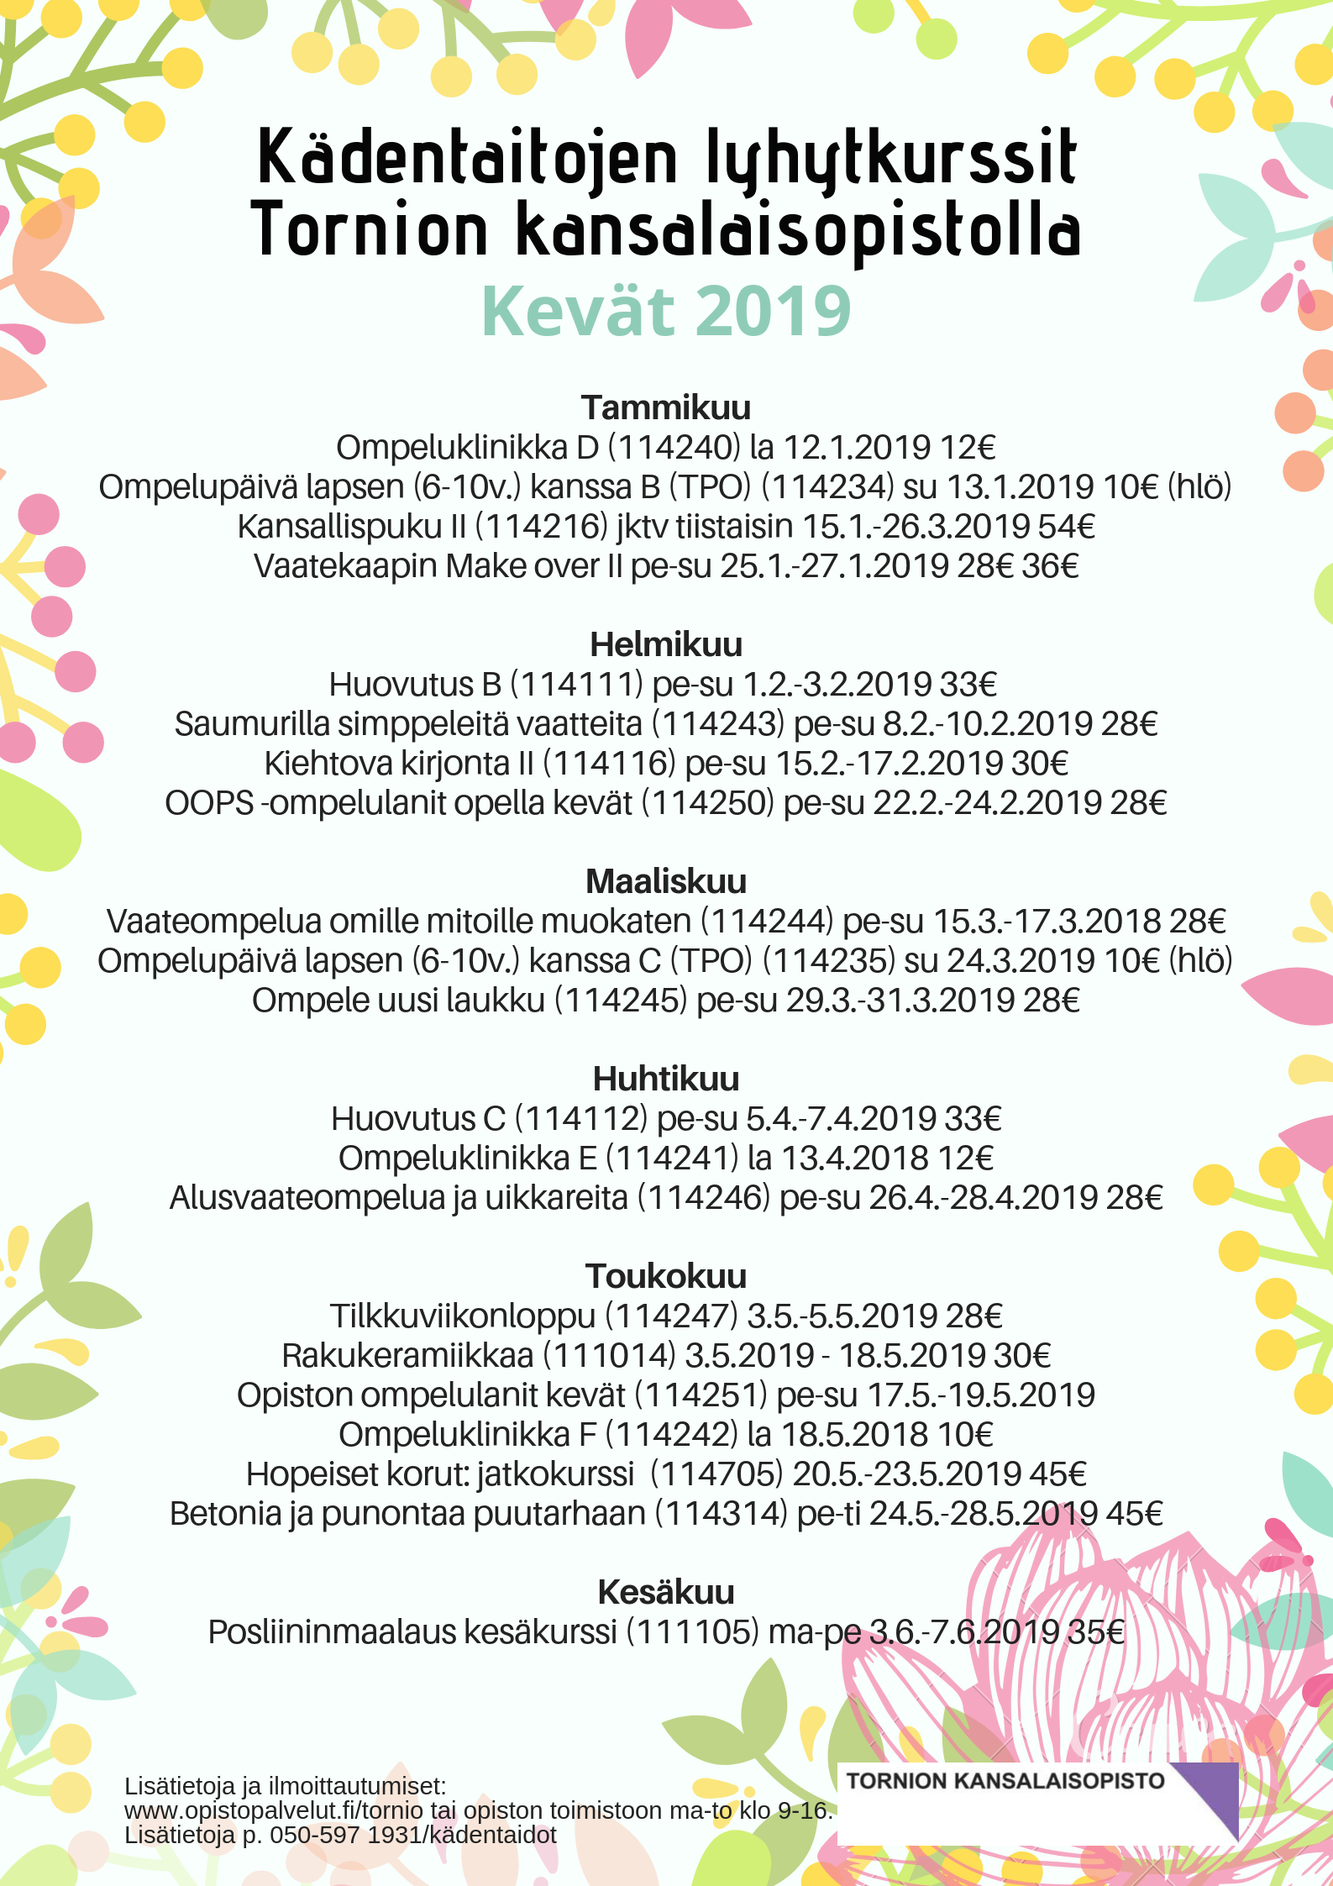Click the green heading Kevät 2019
pos(666,312)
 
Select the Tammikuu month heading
pos(666,407)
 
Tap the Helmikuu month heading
pos(666,644)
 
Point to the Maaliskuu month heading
pos(666,881)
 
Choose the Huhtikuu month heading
pos(666,1079)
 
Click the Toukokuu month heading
pos(666,1276)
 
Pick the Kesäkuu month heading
pos(666,1592)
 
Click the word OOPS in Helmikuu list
pos(209,803)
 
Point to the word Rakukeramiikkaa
pos(407,1356)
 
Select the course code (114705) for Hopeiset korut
pos(716,1474)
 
